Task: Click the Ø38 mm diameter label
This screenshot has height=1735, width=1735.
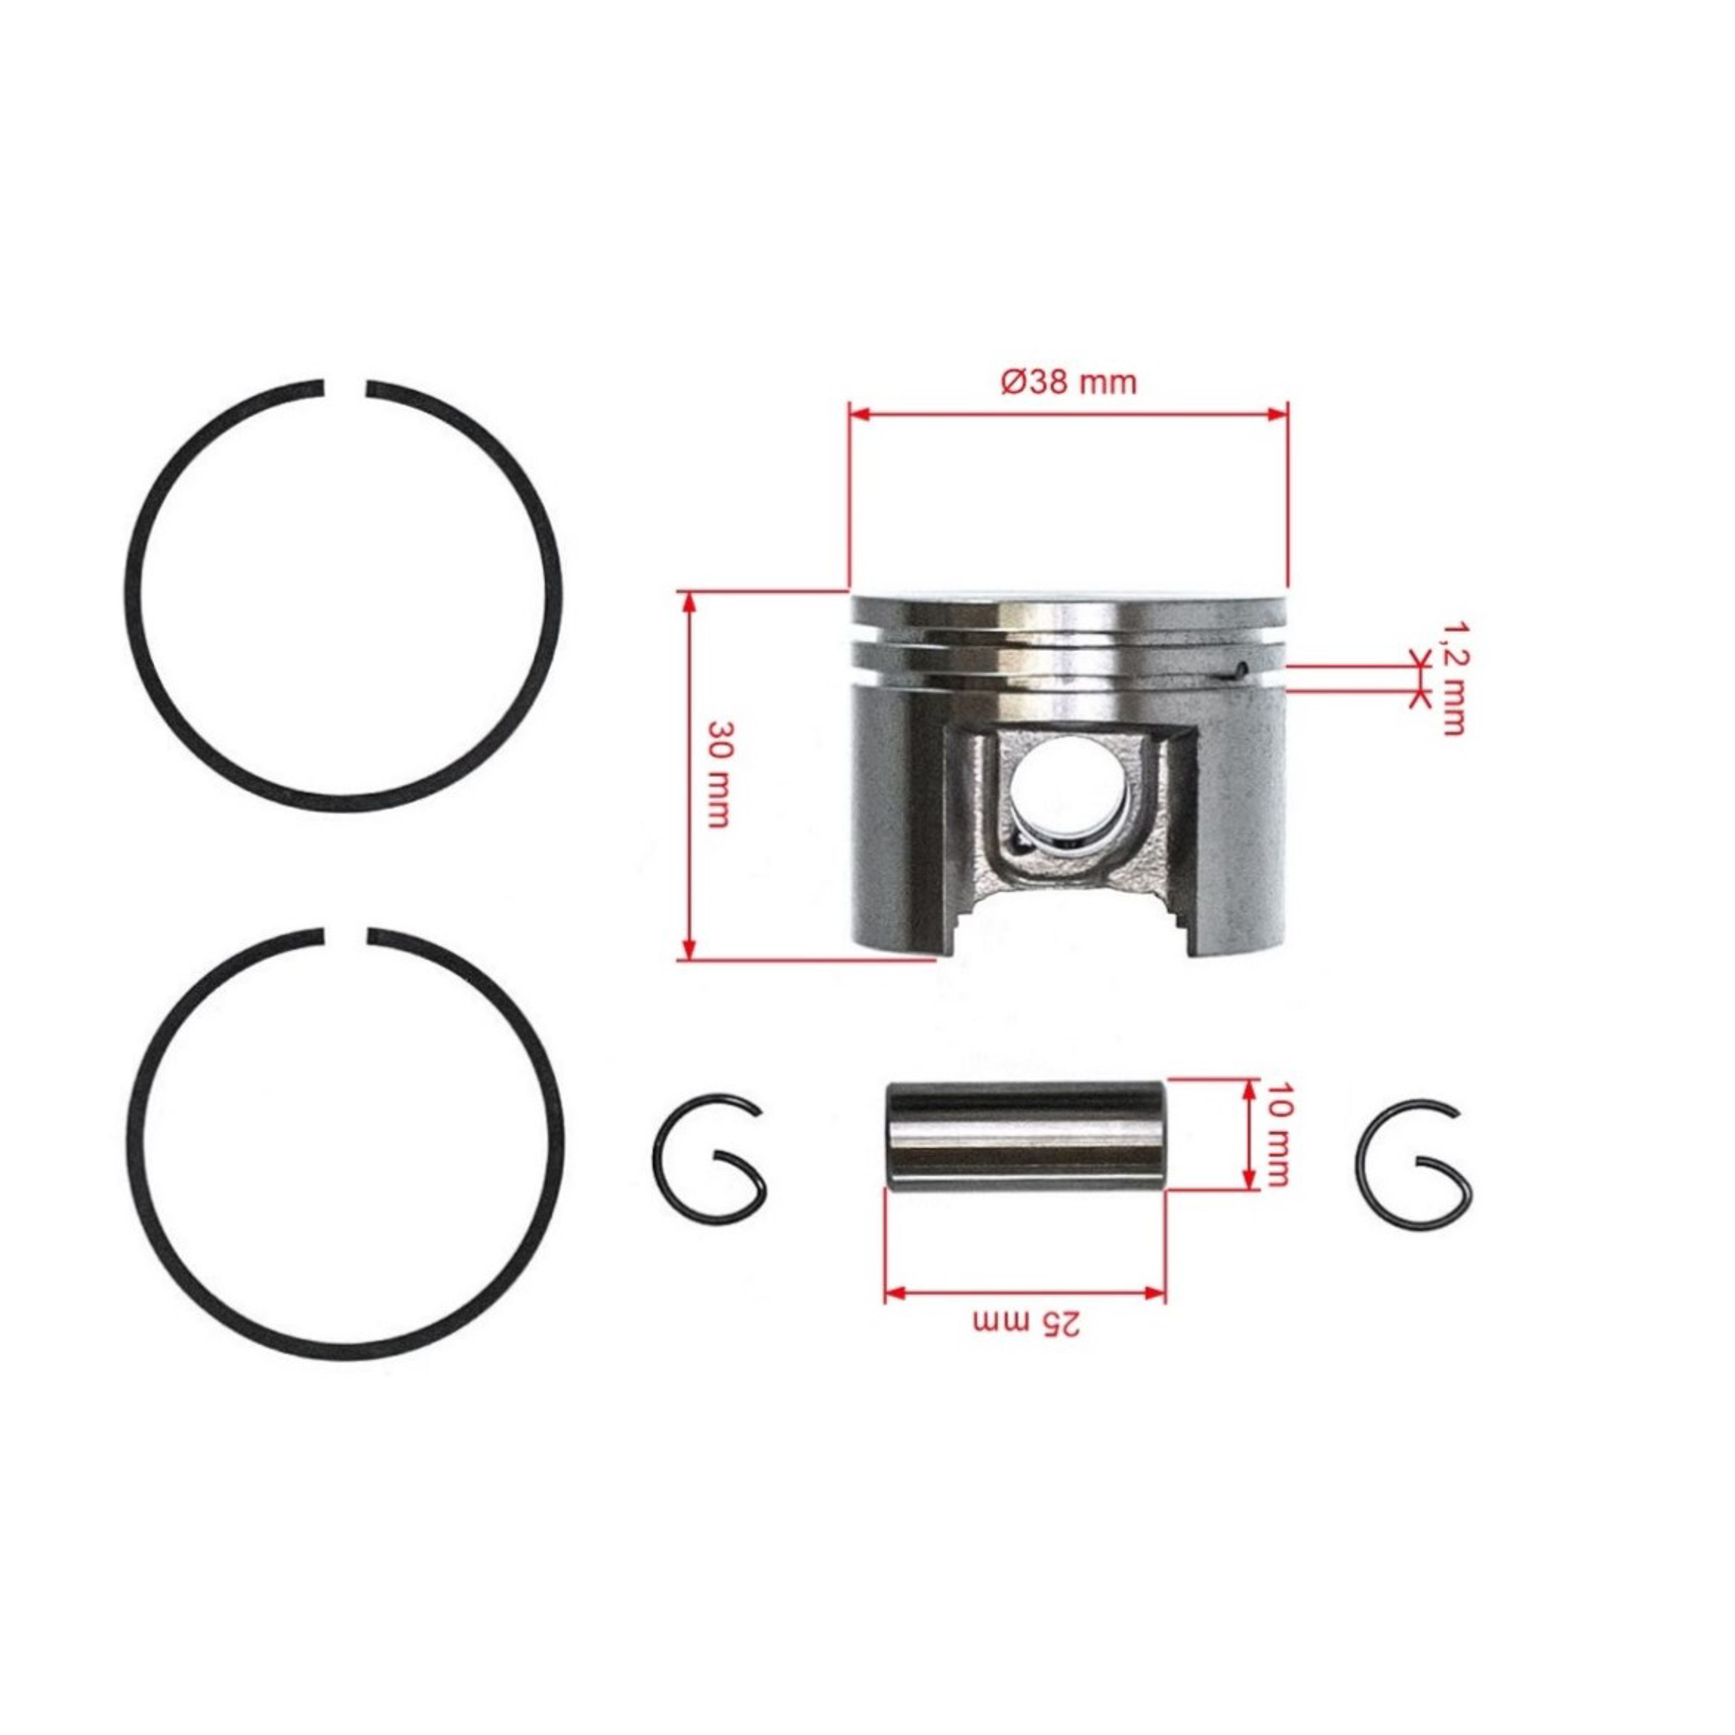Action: point(1069,382)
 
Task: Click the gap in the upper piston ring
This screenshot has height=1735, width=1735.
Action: point(344,388)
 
